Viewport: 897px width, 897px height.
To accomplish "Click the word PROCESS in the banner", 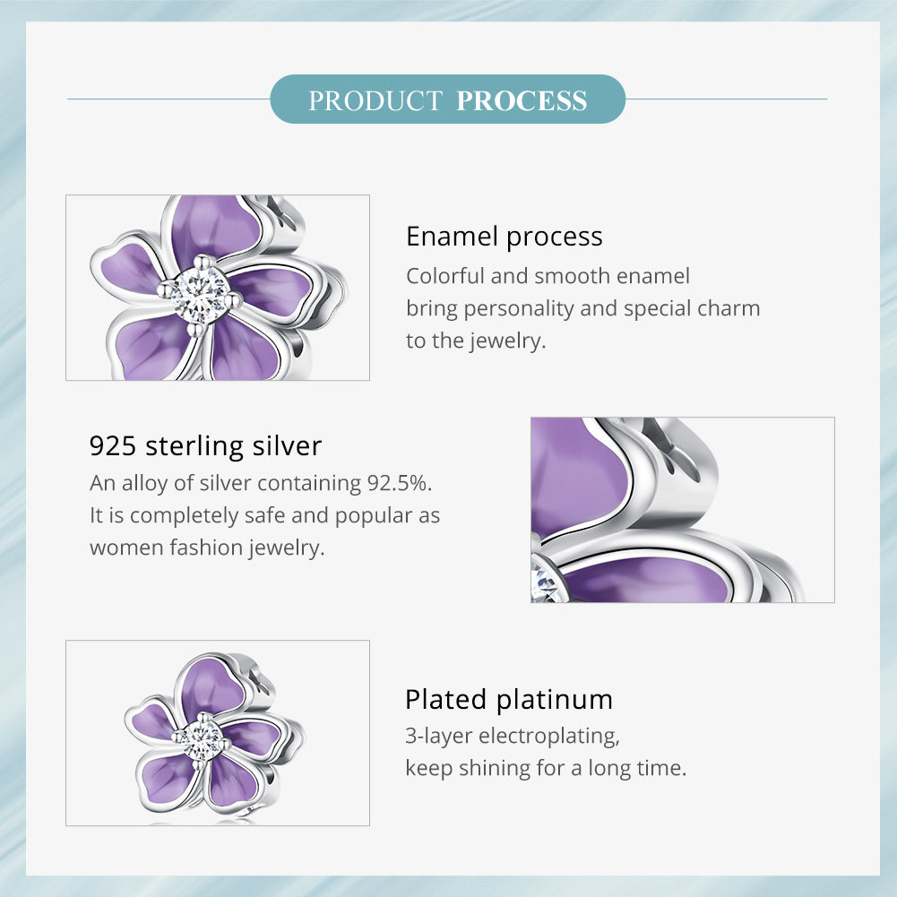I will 522,100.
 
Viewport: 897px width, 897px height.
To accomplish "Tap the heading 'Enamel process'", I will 504,237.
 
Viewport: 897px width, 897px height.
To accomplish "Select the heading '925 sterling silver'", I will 205,445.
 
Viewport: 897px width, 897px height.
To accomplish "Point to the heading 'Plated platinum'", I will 509,699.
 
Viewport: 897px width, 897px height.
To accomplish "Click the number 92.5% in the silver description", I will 400,483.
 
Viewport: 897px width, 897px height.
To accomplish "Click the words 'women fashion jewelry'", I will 206,548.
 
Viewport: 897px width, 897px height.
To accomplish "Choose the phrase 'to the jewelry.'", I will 475,341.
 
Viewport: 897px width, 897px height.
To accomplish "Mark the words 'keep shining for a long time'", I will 545,768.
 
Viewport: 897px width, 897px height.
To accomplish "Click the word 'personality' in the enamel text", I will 516,308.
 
